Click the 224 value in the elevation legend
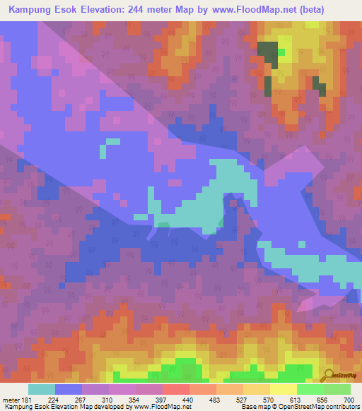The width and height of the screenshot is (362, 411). (x=54, y=400)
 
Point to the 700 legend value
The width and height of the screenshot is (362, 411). (x=348, y=400)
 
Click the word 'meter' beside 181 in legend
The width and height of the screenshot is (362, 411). (x=11, y=400)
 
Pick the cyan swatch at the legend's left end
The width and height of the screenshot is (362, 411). (x=42, y=389)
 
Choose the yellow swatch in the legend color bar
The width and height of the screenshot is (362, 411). (x=283, y=389)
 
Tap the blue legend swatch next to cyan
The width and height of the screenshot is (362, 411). (x=69, y=389)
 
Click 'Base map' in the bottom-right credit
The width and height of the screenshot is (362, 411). (x=254, y=407)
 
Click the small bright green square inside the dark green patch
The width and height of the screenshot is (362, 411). (x=281, y=52)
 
